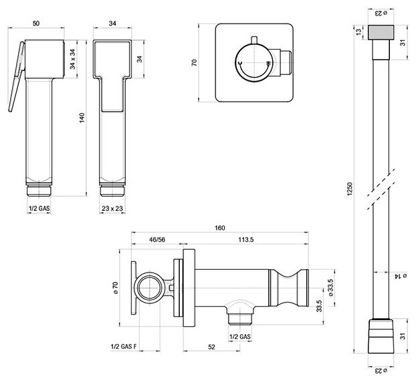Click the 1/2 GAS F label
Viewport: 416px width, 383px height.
(125, 346)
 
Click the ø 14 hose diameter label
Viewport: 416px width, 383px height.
(397, 275)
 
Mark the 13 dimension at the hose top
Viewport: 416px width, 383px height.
(359, 32)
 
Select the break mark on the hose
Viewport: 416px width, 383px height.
(379, 189)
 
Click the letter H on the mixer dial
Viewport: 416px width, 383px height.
(267, 64)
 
